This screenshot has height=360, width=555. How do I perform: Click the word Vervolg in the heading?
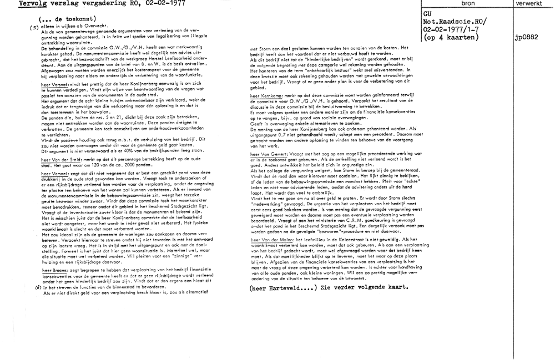pos(15,3)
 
